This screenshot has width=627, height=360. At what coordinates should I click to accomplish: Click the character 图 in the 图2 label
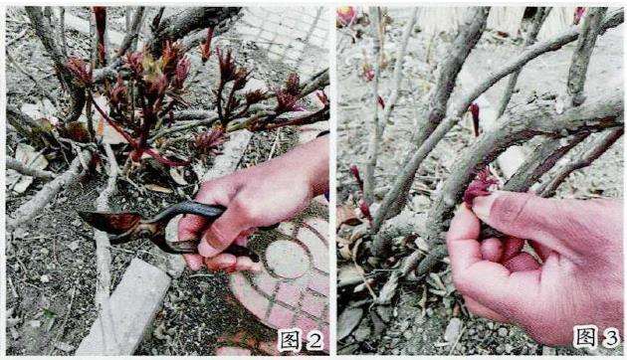pyautogui.click(x=290, y=340)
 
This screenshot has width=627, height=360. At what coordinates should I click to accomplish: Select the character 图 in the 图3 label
pyautogui.click(x=585, y=336)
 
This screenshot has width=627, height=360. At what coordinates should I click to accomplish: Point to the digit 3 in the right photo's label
pyautogui.click(x=611, y=337)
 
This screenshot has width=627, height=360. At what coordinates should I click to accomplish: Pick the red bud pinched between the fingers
pyautogui.click(x=479, y=186)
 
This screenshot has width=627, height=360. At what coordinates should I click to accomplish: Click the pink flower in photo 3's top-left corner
pyautogui.click(x=346, y=15)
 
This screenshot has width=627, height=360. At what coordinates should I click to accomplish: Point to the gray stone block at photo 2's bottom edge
pyautogui.click(x=124, y=307)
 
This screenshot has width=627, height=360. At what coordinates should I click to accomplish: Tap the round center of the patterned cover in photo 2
pyautogui.click(x=288, y=259)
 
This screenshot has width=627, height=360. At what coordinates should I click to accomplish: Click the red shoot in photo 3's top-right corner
pyautogui.click(x=578, y=14)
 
